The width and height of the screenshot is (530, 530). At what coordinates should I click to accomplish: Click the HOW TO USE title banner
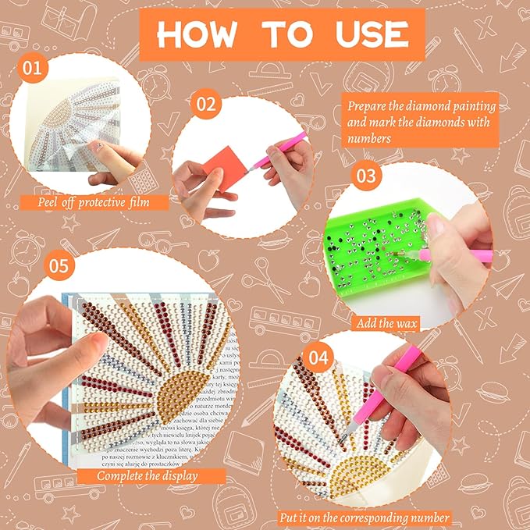coord(282,34)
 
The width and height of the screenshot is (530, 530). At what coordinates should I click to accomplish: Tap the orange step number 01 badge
coord(32,69)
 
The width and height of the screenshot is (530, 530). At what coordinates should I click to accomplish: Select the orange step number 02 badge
coord(205,104)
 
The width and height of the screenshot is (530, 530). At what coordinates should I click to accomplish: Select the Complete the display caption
coord(148,475)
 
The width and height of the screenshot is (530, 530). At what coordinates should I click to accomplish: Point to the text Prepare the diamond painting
coord(422,105)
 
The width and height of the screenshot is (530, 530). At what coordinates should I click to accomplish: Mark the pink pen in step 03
coord(461,253)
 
